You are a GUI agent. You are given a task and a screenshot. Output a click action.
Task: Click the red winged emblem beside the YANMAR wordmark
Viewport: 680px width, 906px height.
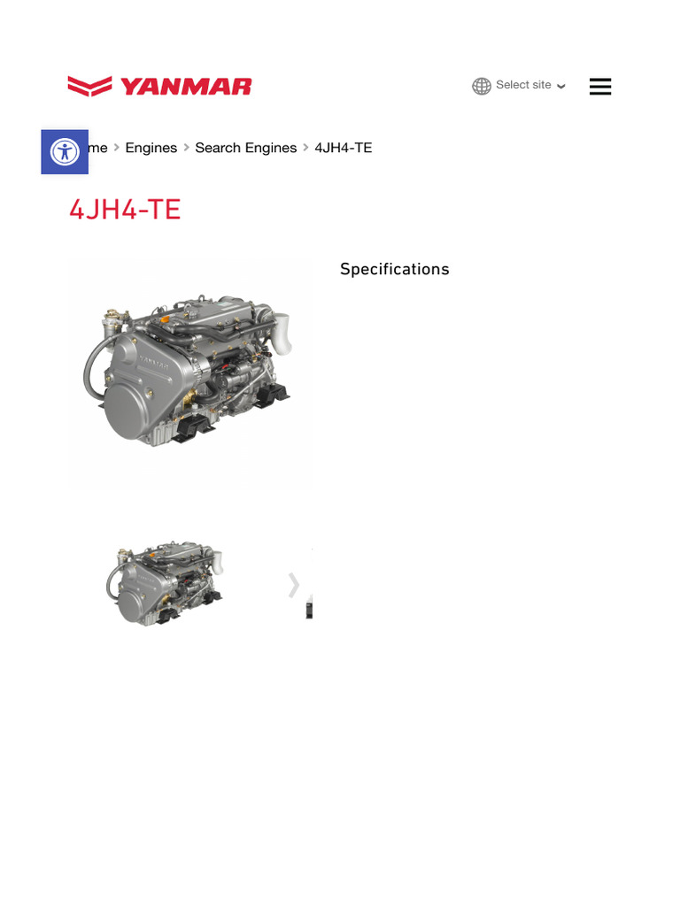click(x=89, y=86)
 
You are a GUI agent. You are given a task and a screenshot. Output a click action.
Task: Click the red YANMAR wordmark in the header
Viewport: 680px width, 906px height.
click(x=186, y=87)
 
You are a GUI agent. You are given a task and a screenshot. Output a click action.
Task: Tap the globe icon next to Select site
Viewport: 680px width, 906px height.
click(x=482, y=86)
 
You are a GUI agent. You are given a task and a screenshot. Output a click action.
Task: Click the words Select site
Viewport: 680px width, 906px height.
click(x=523, y=85)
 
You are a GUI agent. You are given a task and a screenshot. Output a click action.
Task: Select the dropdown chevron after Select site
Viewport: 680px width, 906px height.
click(x=561, y=87)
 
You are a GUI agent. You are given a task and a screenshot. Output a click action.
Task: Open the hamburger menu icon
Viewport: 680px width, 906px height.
click(x=600, y=86)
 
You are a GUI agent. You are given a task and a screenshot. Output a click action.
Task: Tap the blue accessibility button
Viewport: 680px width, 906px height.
click(x=65, y=151)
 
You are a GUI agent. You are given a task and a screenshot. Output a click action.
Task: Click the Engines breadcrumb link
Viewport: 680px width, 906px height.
click(x=151, y=148)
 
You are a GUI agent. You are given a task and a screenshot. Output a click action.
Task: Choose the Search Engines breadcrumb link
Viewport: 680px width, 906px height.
click(x=246, y=148)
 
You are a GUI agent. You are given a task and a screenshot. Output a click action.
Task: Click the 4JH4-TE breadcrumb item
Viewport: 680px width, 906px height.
click(x=344, y=148)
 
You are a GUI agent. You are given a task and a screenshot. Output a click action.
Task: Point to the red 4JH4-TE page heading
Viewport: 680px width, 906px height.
click(x=125, y=210)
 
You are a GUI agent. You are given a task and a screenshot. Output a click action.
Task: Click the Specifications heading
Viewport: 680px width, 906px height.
click(x=395, y=269)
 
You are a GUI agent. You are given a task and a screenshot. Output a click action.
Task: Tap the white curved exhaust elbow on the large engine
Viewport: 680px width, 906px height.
click(x=282, y=331)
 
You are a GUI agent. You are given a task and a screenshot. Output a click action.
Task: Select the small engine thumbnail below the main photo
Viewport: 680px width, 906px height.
click(x=166, y=584)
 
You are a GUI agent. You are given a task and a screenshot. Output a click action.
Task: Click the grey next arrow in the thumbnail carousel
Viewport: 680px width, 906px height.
click(x=293, y=585)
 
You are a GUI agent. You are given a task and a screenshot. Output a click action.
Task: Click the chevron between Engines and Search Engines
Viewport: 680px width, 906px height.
click(x=187, y=148)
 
